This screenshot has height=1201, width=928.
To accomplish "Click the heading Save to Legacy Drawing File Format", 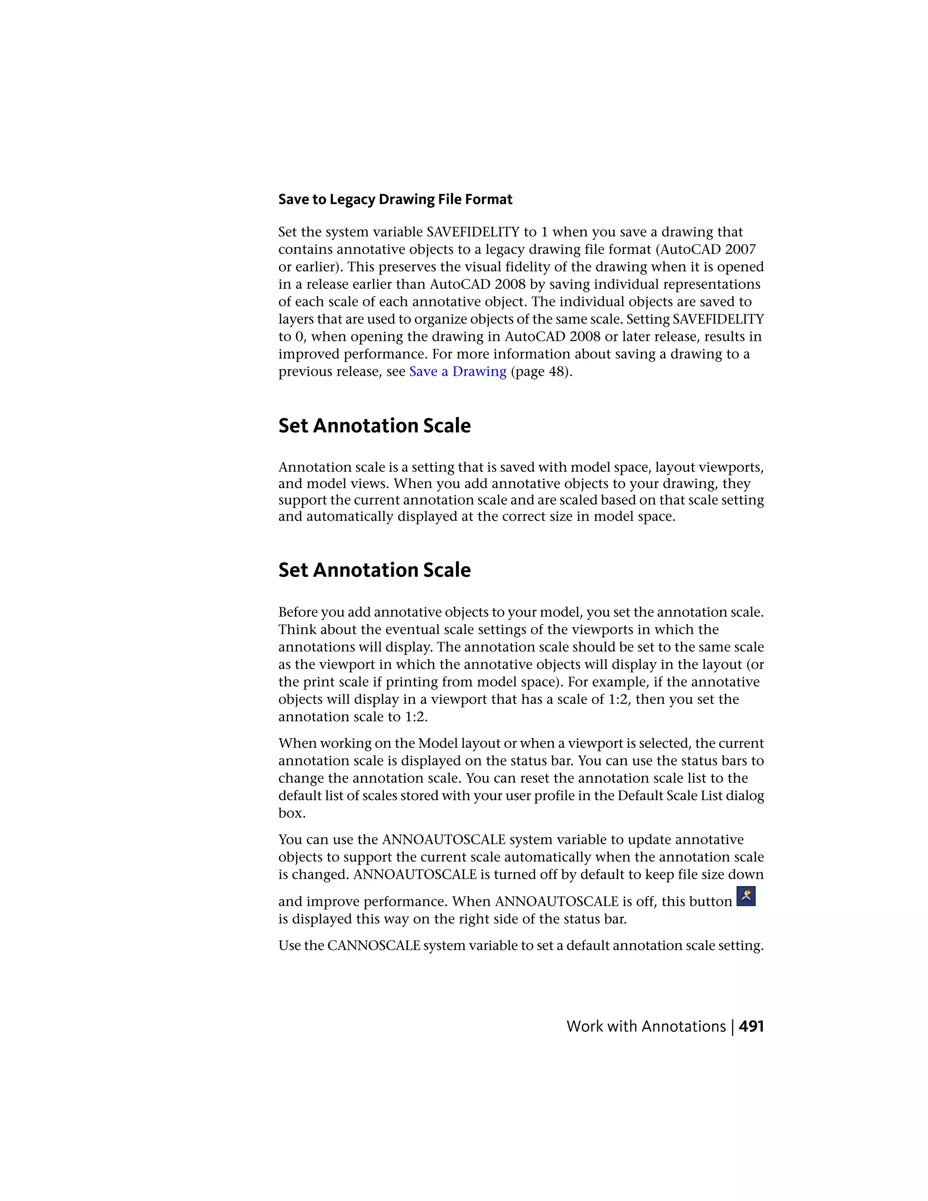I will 395,199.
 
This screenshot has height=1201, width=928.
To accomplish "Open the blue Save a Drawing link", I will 457,372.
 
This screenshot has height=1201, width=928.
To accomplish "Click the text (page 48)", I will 541,372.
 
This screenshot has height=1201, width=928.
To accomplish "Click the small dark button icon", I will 746,896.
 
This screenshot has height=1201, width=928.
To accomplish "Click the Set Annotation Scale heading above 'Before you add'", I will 374,570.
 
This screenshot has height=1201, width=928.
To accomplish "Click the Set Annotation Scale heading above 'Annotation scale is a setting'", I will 374,426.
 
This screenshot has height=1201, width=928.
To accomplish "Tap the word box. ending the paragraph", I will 292,814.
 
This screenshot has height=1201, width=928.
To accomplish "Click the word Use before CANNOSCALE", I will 290,946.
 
